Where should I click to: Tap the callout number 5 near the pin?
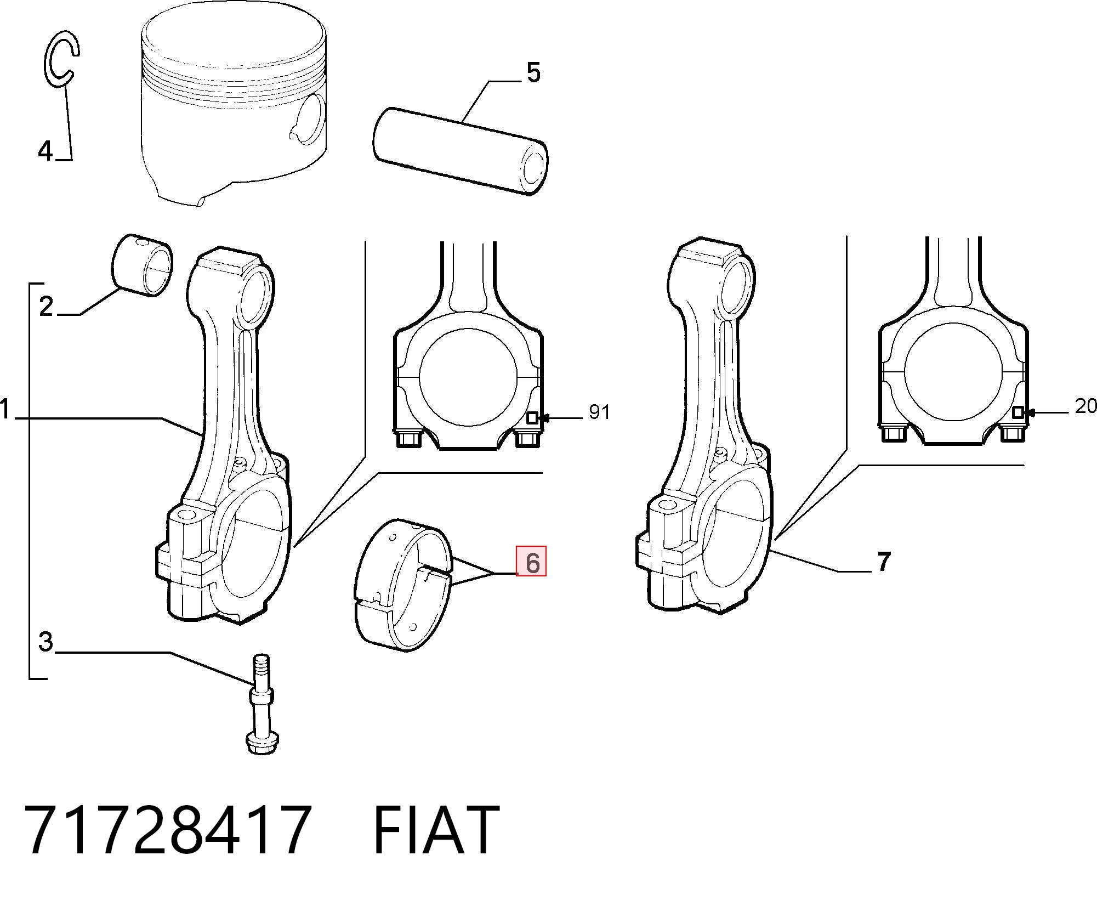[533, 72]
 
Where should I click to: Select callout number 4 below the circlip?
[46, 151]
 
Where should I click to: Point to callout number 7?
[884, 561]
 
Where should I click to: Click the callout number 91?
[599, 411]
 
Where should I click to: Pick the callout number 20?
[1085, 406]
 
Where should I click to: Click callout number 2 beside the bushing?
[47, 306]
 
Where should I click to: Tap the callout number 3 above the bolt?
[46, 642]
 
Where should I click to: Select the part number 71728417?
[168, 830]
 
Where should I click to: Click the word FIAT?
[436, 830]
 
